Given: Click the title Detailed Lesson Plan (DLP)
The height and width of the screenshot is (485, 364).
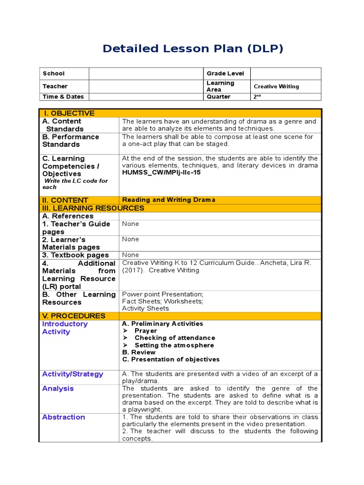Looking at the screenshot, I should (x=193, y=48).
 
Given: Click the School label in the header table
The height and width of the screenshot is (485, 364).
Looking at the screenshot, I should (x=54, y=73).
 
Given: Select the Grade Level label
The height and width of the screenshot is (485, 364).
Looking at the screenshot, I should (x=225, y=73).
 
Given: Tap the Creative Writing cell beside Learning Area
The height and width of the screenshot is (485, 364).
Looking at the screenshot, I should (x=276, y=86).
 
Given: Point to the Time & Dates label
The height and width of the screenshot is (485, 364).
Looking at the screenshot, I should (x=63, y=97).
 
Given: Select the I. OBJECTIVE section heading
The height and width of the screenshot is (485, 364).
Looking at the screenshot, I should (x=69, y=113).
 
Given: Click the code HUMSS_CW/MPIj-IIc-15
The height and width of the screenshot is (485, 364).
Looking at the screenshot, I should (x=161, y=172).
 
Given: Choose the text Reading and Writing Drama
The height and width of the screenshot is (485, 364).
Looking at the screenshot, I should (x=168, y=200).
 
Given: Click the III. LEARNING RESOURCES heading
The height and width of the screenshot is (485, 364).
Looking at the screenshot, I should (x=93, y=208).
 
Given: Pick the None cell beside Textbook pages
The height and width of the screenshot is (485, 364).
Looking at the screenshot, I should (x=130, y=255).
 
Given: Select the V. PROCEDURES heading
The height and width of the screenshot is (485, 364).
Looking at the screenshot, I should (x=74, y=316).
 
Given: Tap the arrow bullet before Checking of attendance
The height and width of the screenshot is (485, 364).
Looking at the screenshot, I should (x=125, y=338).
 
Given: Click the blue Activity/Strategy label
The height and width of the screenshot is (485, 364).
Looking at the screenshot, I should (x=73, y=374).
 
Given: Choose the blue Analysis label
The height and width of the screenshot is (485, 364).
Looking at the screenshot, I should (x=58, y=388).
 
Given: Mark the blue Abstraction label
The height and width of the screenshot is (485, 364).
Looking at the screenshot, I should (x=64, y=417).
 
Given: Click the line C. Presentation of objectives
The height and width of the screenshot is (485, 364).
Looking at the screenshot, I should (x=171, y=359).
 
